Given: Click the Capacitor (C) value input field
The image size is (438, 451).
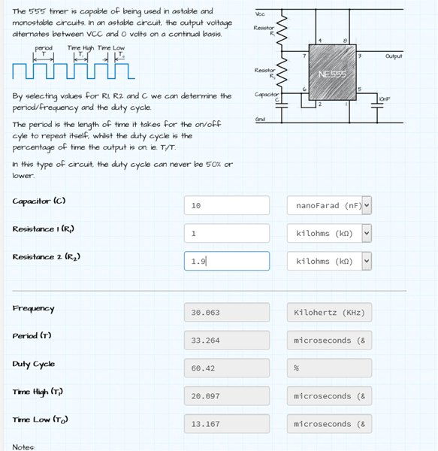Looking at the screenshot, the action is click(227, 205).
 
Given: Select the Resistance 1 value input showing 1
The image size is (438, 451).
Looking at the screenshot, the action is click(227, 233).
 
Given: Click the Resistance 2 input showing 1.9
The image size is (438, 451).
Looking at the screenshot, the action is click(227, 261).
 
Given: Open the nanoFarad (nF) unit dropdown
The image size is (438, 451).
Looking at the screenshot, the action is click(329, 205).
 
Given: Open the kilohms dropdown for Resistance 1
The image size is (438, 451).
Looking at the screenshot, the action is click(329, 233).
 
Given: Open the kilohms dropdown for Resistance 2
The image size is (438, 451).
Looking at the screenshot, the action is click(329, 261).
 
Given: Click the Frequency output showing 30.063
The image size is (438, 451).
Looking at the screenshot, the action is click(227, 313).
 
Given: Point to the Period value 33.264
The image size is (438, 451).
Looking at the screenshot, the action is click(227, 341).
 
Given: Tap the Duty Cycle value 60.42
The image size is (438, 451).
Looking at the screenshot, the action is click(227, 368).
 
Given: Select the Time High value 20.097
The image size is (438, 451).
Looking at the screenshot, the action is click(227, 396).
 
